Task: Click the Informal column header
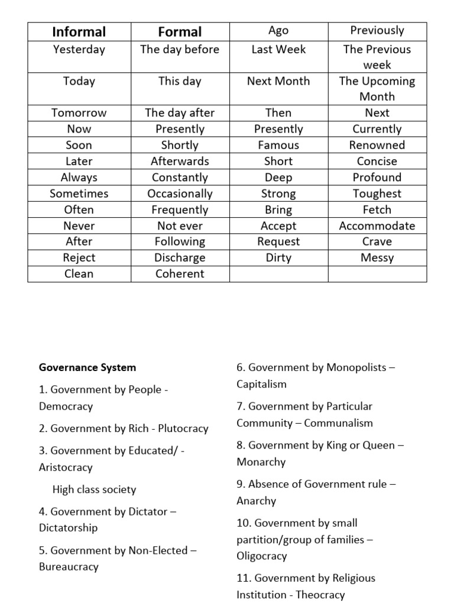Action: click(79, 32)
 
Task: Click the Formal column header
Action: click(180, 32)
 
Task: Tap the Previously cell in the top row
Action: click(377, 30)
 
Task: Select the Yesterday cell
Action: click(79, 50)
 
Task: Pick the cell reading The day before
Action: click(180, 50)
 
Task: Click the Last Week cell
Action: click(278, 50)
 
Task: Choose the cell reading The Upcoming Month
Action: click(377, 89)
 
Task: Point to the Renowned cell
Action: click(377, 145)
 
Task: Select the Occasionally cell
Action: click(180, 194)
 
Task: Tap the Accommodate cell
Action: click(377, 225)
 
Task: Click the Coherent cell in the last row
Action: click(180, 273)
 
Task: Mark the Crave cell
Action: click(377, 241)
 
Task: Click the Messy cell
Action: click(377, 257)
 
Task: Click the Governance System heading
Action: click(87, 368)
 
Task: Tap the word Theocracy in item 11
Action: click(320, 595)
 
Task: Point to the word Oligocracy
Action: click(262, 556)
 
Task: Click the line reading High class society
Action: click(94, 489)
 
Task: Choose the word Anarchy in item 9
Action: click(257, 501)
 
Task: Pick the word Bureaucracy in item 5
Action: click(69, 566)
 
